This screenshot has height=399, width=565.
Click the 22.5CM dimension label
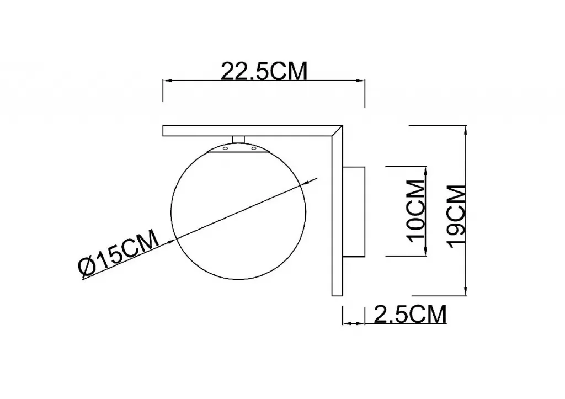pyautogui.click(x=264, y=71)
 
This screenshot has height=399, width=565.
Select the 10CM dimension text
pyautogui.click(x=415, y=211)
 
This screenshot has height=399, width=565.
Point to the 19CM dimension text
pyautogui.click(x=456, y=216)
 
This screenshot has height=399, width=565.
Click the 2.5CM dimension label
pyautogui.click(x=411, y=314)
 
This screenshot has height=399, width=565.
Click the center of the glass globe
pyautogui.click(x=238, y=212)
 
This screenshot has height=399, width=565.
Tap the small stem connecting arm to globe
pyautogui.click(x=238, y=140)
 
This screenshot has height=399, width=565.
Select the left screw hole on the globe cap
pyautogui.click(x=225, y=148)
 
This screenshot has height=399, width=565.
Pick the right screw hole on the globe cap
pyautogui.click(x=254, y=148)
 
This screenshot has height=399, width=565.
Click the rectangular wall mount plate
pyautogui.click(x=354, y=211)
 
